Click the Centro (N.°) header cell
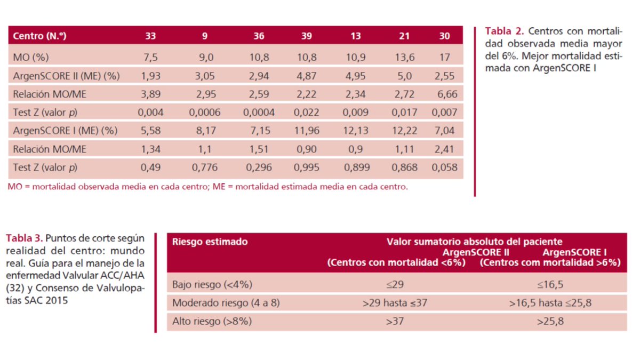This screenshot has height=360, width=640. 41,37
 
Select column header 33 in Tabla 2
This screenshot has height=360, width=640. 150,37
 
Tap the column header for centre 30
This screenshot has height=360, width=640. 445,37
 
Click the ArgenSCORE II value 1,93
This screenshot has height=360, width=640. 150,76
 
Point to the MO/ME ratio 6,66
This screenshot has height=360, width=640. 445,94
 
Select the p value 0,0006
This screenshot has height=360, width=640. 205,113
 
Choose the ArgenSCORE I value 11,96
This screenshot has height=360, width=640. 306,131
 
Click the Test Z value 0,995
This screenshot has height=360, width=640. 306,167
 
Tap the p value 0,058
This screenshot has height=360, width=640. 445,167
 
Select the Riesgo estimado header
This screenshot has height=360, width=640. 210,242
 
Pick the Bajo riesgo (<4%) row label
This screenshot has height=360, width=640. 212,284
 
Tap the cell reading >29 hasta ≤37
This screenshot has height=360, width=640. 395,303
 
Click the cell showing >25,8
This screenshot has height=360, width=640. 551,322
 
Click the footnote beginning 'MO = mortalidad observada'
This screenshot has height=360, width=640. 208,187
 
